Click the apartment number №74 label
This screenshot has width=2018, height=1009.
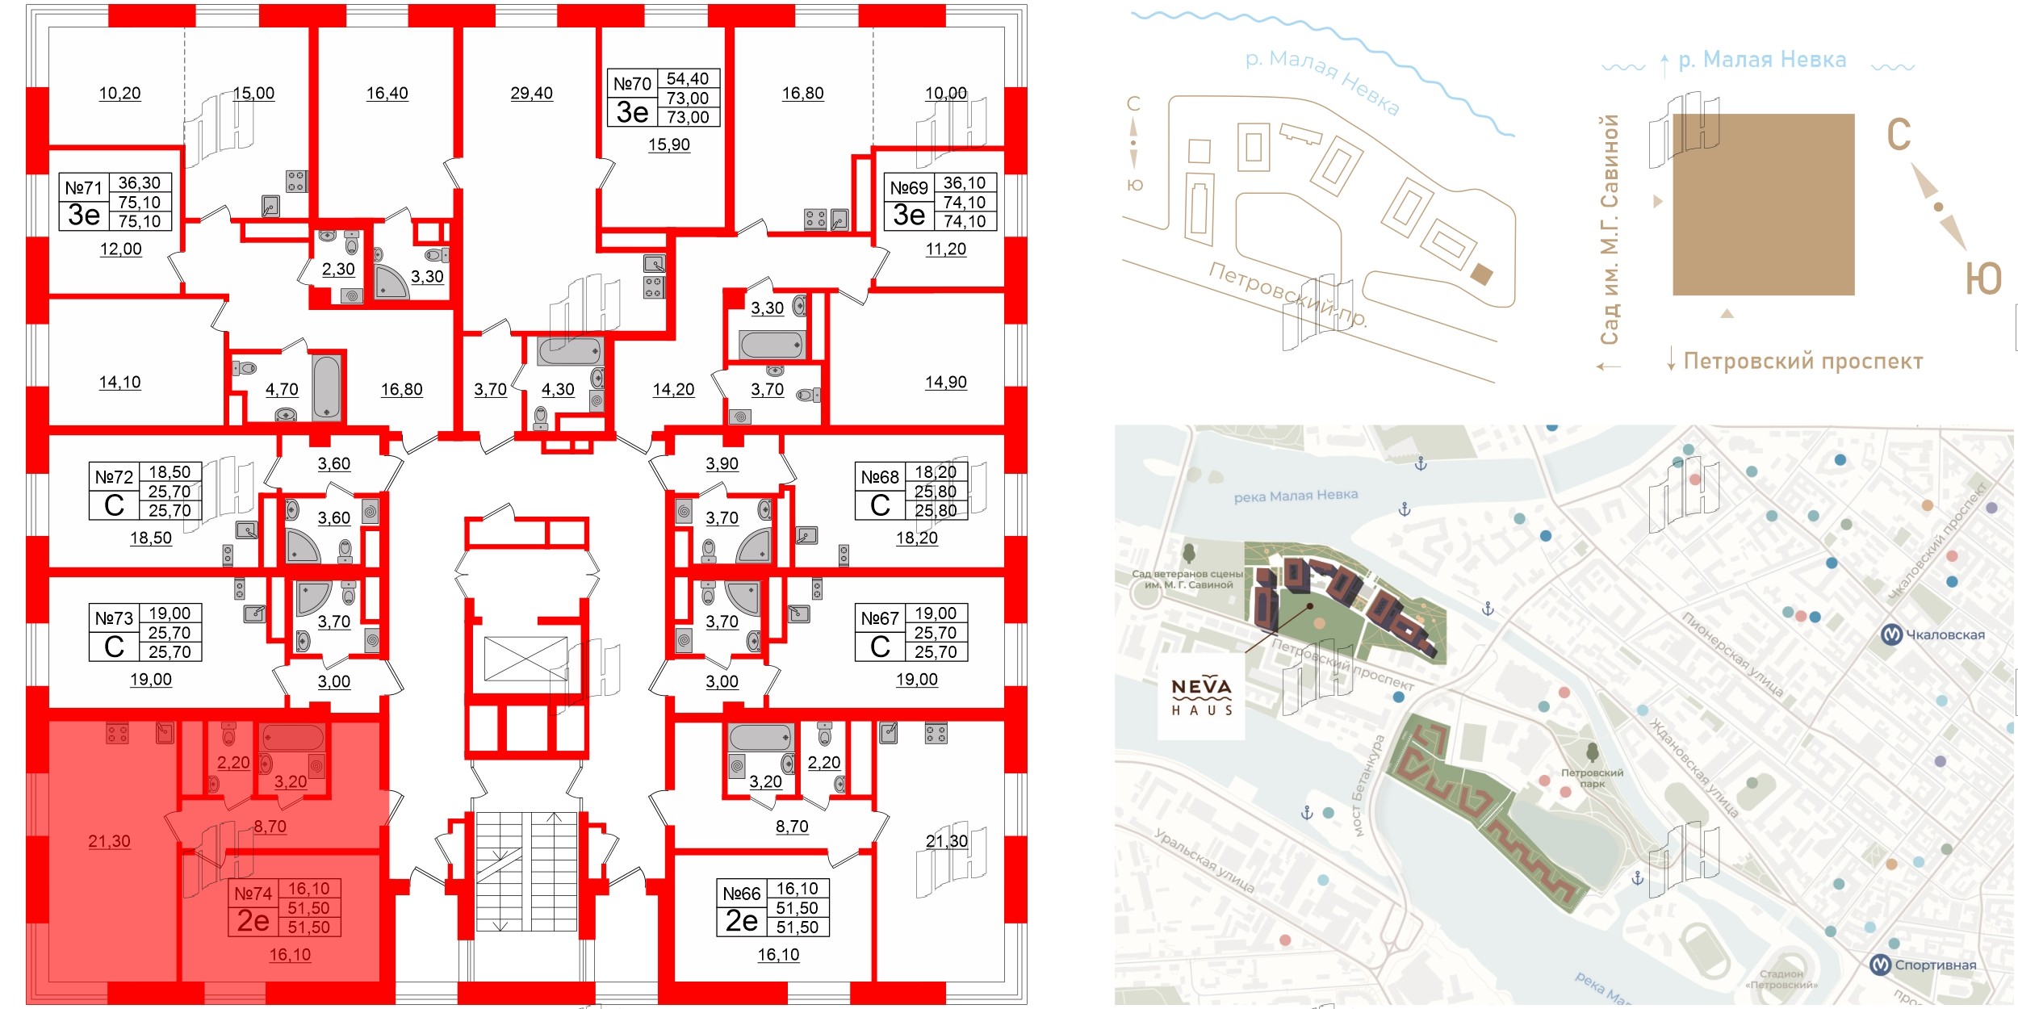[x=253, y=894]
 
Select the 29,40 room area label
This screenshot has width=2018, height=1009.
[x=531, y=94]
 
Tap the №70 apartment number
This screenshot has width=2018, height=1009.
[x=632, y=84]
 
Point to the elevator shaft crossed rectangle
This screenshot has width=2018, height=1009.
[x=525, y=659]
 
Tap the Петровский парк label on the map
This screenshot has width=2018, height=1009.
[x=1592, y=777]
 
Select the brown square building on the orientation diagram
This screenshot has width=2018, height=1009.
[x=1763, y=204]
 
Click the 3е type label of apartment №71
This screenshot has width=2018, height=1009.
[x=84, y=215]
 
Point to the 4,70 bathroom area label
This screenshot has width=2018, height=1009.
[x=282, y=390]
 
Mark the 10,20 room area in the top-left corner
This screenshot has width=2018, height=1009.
[x=119, y=94]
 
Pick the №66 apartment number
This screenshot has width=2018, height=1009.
[x=741, y=894]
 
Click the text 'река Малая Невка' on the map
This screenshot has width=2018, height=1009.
[x=1296, y=496]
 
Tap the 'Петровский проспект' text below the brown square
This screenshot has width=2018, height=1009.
[x=1802, y=361]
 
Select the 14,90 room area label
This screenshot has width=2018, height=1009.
[x=945, y=383]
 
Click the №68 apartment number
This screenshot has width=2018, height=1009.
[x=879, y=477]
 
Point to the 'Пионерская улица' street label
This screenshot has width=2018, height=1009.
[x=1731, y=655]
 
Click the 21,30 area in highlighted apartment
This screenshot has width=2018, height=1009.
[x=109, y=841]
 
